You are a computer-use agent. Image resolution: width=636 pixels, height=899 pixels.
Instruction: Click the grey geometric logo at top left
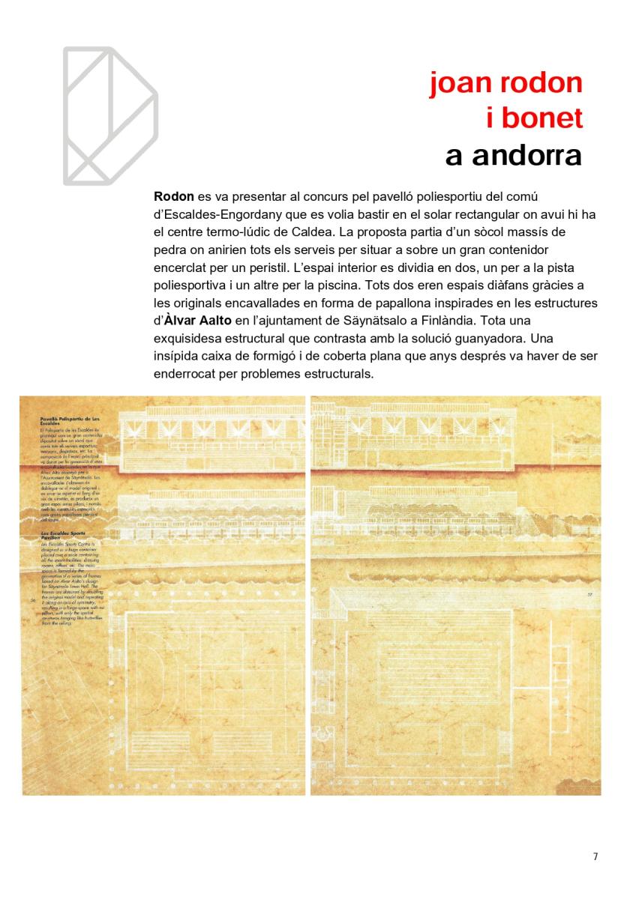[x=110, y=115]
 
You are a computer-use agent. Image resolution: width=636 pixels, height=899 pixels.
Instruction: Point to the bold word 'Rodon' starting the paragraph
[x=173, y=197]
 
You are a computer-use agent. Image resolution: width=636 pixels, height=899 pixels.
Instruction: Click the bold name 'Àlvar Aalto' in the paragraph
[x=193, y=323]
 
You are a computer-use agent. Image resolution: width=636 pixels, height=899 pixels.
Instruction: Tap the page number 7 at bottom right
[x=595, y=857]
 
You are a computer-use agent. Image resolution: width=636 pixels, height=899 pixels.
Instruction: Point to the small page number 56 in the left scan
[x=32, y=600]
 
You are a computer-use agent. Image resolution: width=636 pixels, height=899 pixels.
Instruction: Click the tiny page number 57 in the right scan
[x=590, y=596]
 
